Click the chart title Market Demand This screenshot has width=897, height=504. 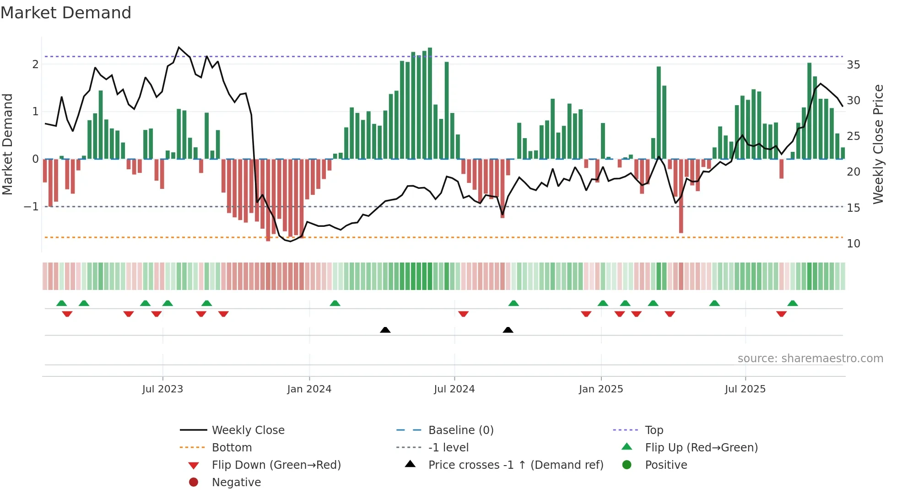(66, 13)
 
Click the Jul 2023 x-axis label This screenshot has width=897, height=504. (162, 389)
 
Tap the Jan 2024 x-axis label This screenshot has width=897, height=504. (309, 389)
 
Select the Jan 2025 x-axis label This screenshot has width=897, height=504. (600, 389)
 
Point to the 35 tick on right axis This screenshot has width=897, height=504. (853, 65)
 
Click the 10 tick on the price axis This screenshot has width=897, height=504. (853, 244)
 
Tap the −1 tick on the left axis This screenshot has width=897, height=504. (31, 207)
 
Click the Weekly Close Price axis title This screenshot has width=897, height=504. (878, 144)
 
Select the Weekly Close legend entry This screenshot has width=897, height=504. (248, 430)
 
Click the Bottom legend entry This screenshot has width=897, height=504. (232, 448)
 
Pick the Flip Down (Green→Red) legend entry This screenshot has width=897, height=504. (276, 465)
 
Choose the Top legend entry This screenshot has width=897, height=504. (654, 430)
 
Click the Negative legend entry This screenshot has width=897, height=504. (236, 483)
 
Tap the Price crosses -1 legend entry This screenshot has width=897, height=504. (515, 465)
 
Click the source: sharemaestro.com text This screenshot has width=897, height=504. (810, 359)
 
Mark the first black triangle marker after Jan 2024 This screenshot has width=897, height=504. (385, 330)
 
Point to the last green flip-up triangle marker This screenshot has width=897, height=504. (793, 303)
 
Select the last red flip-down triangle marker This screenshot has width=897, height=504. (781, 314)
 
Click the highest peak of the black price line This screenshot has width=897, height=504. (179, 47)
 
